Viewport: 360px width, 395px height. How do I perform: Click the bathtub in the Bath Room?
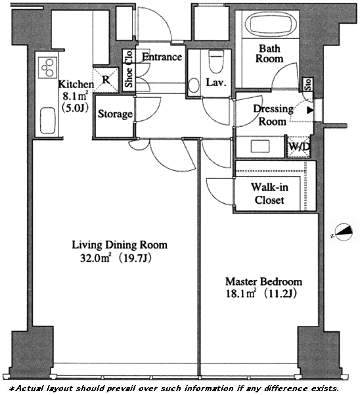click(x=271, y=24)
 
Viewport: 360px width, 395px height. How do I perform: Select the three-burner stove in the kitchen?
click(x=47, y=67)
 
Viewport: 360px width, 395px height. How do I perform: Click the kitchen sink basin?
click(x=48, y=120)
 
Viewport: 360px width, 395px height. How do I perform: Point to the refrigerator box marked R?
click(x=106, y=80)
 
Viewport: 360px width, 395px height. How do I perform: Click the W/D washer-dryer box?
click(x=299, y=147)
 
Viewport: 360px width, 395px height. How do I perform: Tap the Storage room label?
click(x=115, y=114)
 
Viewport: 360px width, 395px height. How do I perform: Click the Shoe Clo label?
click(x=129, y=68)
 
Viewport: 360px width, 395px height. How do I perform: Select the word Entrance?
click(x=162, y=57)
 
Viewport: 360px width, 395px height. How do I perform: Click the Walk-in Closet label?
click(x=269, y=193)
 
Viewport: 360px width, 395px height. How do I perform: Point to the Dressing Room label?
click(x=273, y=115)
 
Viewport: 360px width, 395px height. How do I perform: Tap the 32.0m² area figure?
click(x=95, y=258)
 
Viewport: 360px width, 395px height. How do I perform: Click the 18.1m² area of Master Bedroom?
click(x=240, y=294)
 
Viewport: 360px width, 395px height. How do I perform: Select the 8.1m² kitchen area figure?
click(x=76, y=96)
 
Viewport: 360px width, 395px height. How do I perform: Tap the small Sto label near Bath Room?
click(x=308, y=84)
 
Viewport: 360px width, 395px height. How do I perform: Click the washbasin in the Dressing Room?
click(x=260, y=147)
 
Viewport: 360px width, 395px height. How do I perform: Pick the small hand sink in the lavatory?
click(x=194, y=85)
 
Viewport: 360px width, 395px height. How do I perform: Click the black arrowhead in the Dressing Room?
click(x=310, y=110)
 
